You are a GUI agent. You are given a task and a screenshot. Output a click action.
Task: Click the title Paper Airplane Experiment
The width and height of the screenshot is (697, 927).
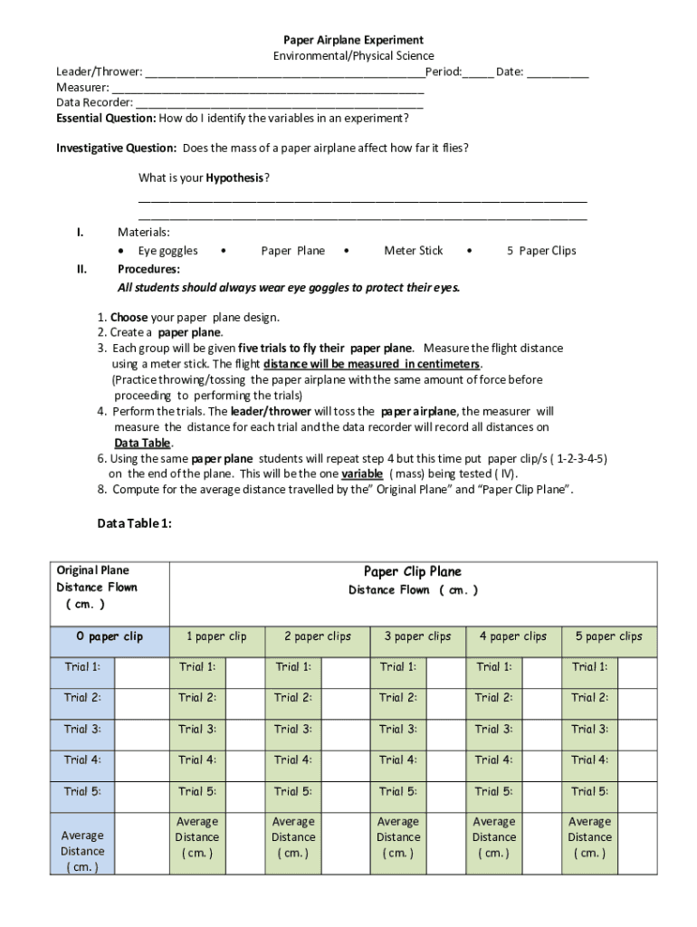pyautogui.click(x=353, y=40)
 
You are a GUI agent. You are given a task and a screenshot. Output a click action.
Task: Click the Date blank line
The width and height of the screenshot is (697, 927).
pyautogui.click(x=558, y=72)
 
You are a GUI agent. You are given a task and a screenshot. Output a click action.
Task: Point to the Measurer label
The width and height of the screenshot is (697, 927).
pyautogui.click(x=82, y=88)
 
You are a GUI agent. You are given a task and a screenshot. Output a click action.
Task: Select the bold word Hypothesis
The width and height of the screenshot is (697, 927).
pyautogui.click(x=234, y=178)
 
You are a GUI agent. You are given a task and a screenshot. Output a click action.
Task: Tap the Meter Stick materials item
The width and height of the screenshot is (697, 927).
pyautogui.click(x=413, y=251)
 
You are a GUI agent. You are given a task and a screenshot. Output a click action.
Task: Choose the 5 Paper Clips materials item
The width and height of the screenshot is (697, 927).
pyautogui.click(x=540, y=251)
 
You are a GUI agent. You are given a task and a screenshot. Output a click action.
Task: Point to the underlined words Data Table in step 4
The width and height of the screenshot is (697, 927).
pyautogui.click(x=142, y=443)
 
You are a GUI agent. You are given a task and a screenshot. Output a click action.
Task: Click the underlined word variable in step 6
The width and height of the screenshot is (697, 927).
pyautogui.click(x=362, y=473)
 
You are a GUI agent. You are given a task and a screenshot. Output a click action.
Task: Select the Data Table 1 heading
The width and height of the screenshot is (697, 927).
pyautogui.click(x=134, y=523)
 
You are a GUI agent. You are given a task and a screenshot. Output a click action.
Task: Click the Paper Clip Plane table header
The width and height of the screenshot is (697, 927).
pyautogui.click(x=413, y=571)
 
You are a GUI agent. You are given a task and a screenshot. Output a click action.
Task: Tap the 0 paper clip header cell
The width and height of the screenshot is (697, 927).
pyautogui.click(x=110, y=636)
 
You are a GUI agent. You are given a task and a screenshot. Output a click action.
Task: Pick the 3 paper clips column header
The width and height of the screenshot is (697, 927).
pyautogui.click(x=417, y=636)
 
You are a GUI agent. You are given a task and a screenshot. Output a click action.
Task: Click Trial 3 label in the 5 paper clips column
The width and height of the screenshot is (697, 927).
pyautogui.click(x=589, y=729)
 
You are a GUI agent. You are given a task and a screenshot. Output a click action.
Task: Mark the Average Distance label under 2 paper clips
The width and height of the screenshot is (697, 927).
pyautogui.click(x=293, y=837)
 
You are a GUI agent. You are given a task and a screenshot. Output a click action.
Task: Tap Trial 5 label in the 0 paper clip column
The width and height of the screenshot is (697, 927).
pyautogui.click(x=82, y=791)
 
